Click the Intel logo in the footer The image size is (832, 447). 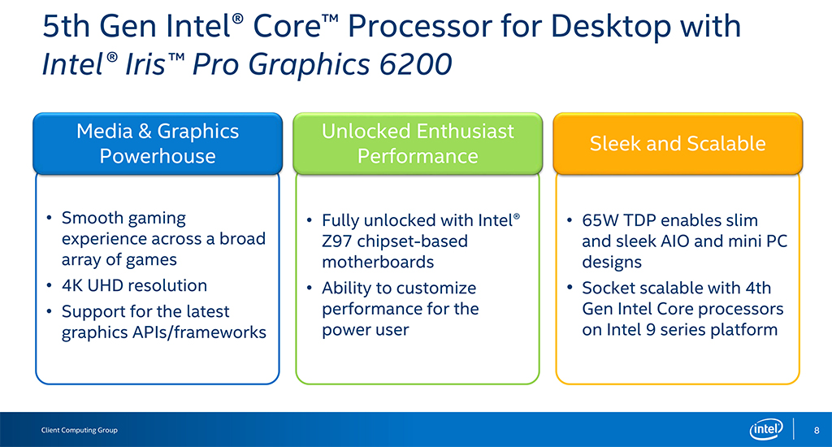click(765, 429)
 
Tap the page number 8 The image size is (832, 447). click(817, 430)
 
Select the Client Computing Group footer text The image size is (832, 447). click(79, 430)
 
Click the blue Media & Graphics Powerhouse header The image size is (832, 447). click(158, 143)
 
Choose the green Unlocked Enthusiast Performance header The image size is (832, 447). click(418, 143)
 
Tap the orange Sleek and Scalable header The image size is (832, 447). click(678, 143)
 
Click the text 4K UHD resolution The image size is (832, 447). click(134, 285)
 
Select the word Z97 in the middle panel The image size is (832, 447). click(336, 241)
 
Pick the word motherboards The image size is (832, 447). click(378, 263)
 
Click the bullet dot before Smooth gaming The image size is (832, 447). click(49, 218)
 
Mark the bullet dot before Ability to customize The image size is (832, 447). click(309, 288)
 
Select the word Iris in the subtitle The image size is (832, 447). click(146, 65)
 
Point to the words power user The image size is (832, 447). click(365, 330)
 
